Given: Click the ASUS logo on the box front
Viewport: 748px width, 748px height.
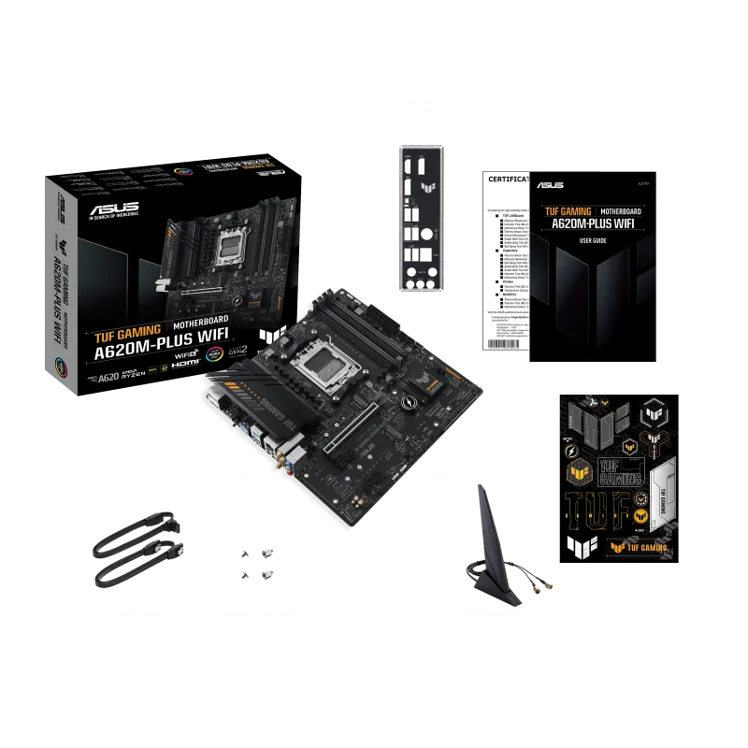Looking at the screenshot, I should [115, 209].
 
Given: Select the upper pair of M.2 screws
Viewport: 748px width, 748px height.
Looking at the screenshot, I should [255, 552].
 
